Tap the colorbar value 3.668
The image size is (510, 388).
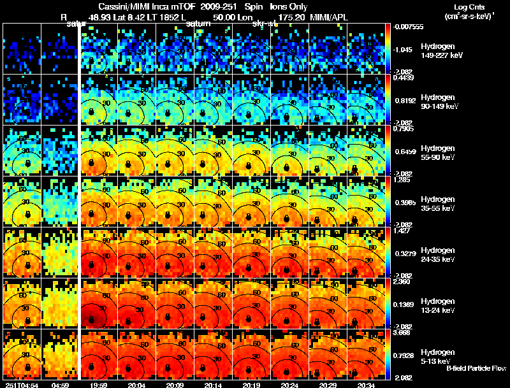[402, 333]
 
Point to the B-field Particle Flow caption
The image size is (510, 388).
[476, 368]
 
